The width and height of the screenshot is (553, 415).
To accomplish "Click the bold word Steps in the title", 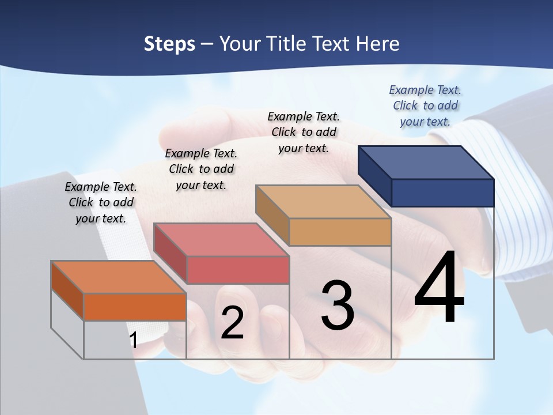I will pos(169,44).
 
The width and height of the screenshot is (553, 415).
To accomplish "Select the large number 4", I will pos(439,288).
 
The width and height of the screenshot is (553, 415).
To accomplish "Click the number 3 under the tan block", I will pos(338,305).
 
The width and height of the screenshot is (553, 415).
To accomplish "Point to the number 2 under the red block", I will pos(232,323).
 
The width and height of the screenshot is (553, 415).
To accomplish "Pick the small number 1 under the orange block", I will pos(133,340).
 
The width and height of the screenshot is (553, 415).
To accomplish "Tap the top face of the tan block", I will pos(323,202).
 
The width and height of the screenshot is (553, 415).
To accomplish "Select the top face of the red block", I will pos(221,240).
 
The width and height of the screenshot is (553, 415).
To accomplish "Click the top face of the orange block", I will pos(118,277).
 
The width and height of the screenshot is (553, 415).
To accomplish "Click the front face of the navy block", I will pos(442,193).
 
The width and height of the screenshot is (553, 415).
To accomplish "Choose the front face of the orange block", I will pos(135,307).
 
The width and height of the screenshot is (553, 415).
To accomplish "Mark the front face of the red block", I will pos(237,270).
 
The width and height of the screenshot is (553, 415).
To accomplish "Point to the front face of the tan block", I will pos(340,232).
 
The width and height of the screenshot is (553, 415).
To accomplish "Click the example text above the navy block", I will pos(425,105).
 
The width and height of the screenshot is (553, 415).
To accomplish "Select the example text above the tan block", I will pos(304,132).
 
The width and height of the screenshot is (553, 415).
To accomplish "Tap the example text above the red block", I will pos(201,169).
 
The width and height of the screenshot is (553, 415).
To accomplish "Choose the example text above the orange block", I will pos(101,202).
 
